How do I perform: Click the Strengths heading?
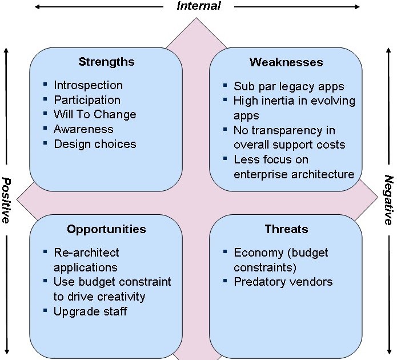(106, 62)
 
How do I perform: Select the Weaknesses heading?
(286, 62)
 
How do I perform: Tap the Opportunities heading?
(106, 229)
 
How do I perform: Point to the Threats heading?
(286, 229)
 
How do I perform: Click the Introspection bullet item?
(88, 85)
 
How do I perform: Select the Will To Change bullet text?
(95, 114)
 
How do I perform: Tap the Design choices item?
(95, 144)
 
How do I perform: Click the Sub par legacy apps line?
(289, 86)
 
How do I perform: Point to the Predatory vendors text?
(283, 282)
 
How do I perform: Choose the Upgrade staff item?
(90, 311)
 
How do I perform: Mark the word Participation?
(87, 100)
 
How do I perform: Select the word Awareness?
(83, 129)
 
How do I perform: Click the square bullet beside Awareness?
(45, 129)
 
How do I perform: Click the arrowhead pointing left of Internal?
(38, 7)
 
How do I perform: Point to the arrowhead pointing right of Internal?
(358, 7)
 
